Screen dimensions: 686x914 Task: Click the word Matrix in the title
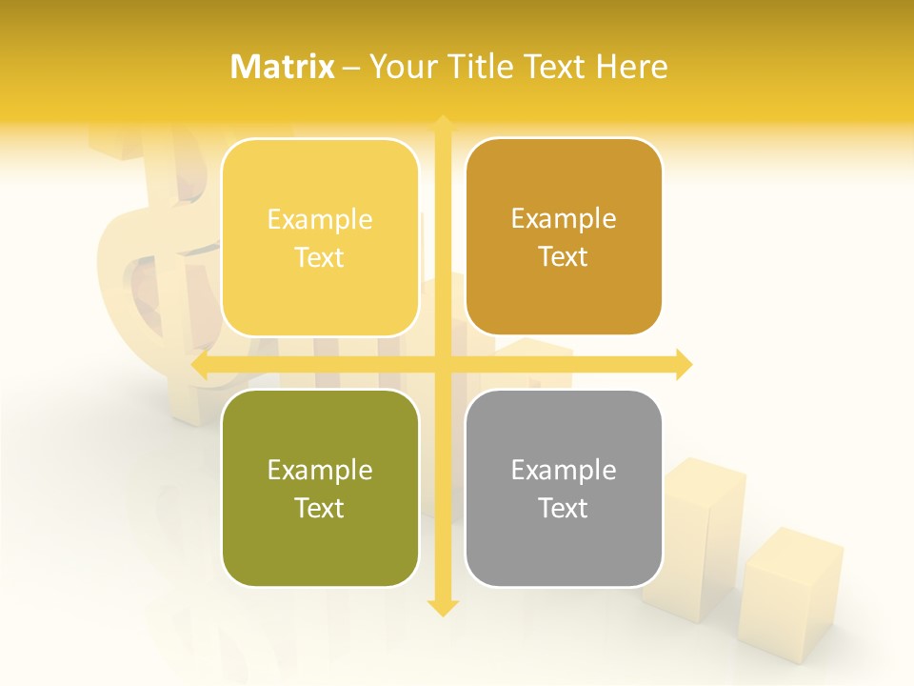283,67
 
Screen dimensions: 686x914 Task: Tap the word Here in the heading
631,67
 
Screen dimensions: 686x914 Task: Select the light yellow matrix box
320,237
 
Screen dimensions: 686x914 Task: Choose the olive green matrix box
320,488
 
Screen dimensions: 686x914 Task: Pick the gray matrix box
564,488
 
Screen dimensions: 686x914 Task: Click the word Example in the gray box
564,470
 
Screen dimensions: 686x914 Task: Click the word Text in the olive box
320,508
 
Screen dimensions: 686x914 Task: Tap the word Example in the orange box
564,219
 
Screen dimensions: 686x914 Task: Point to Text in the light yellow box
320,257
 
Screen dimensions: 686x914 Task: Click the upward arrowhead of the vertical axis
442,123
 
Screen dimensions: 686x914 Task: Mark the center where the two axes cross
442,365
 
